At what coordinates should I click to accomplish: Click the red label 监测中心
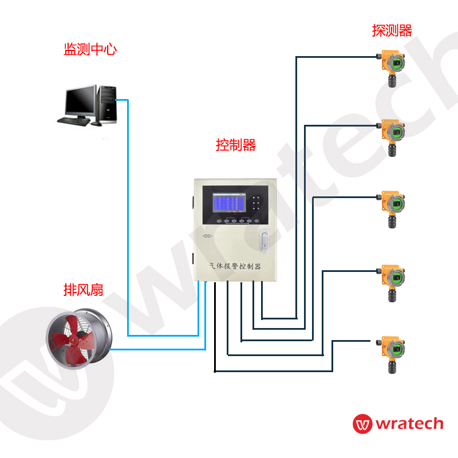tap(90, 49)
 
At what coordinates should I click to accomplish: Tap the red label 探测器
tap(392, 30)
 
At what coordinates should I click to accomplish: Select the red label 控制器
tap(235, 145)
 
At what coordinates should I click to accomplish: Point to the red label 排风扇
tap(83, 290)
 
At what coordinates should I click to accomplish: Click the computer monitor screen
tap(79, 101)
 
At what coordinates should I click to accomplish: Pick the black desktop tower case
tap(107, 104)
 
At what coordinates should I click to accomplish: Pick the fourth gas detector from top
tap(392, 283)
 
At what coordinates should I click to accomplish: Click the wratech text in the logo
tap(409, 424)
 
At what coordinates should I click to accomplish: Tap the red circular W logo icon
tap(362, 424)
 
